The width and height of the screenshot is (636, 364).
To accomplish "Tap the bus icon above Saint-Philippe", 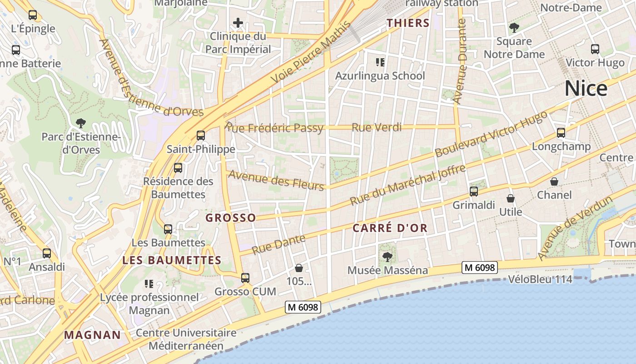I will [200, 135].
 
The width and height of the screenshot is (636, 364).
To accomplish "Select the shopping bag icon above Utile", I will [511, 198].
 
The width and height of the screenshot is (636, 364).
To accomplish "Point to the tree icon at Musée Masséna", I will [387, 257].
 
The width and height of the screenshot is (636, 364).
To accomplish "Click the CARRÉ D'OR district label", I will [390, 228].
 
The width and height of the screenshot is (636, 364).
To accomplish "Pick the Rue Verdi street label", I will [377, 127].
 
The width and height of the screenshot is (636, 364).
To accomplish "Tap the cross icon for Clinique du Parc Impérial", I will [238, 23].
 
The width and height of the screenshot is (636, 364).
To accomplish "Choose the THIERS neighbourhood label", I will [408, 23].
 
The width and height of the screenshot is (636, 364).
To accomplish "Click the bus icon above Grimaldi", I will [474, 192].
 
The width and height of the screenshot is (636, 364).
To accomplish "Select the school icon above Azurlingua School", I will [380, 62].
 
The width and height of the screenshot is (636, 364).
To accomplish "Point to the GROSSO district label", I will [231, 217].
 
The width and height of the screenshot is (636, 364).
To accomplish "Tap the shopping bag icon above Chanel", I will [554, 182].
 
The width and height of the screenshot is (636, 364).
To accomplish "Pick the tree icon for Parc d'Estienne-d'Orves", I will [81, 122].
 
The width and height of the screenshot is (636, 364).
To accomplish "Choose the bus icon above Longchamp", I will [561, 133].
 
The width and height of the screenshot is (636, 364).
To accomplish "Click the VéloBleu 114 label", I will [540, 279].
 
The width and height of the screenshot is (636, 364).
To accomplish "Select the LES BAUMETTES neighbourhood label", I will [172, 260].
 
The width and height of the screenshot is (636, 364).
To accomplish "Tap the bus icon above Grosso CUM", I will [245, 278].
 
